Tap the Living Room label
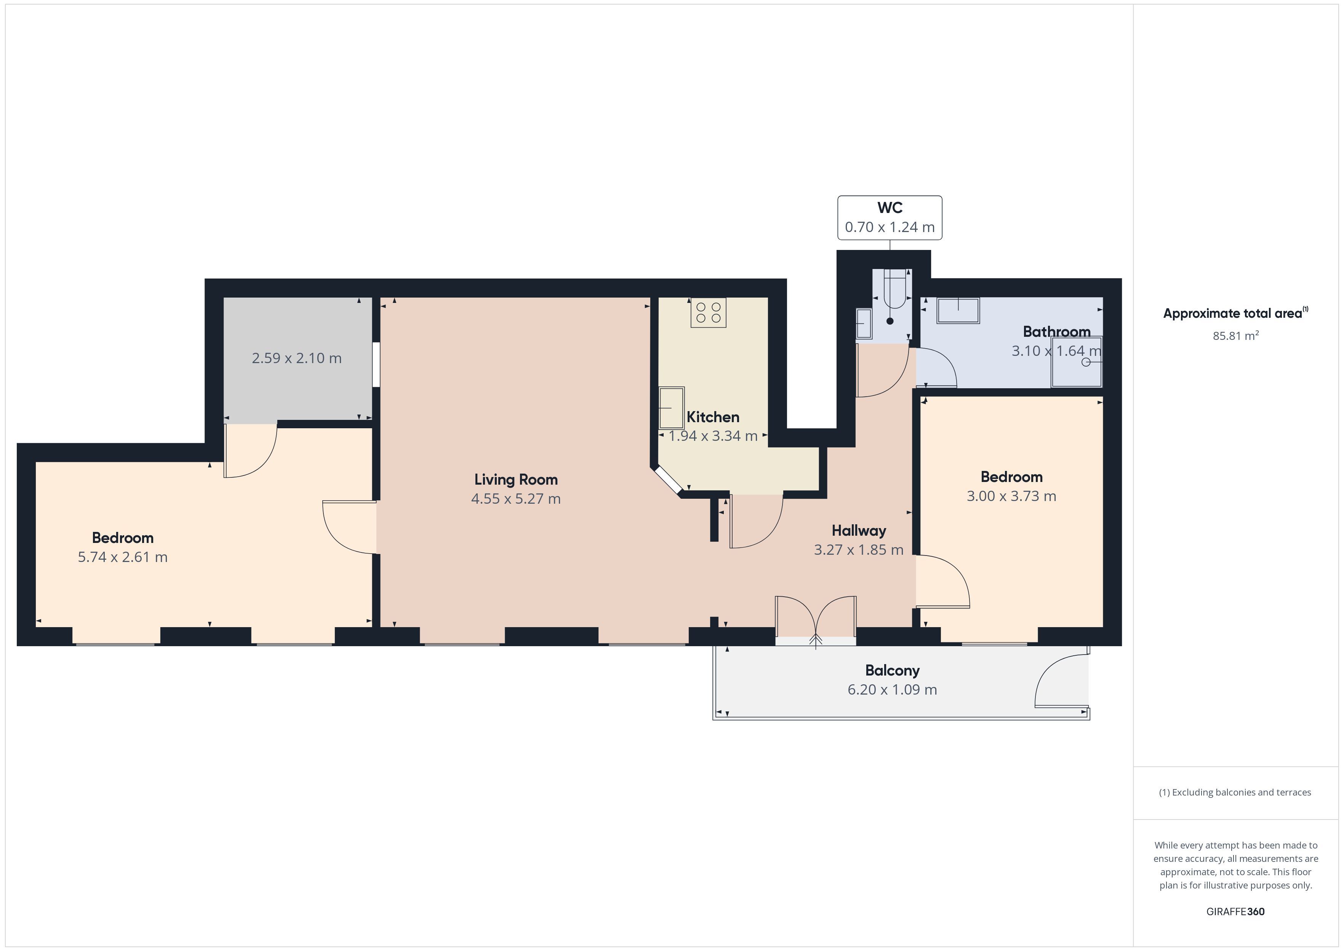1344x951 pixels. (516, 480)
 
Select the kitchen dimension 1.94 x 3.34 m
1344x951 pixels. (713, 435)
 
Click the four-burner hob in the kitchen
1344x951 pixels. (708, 313)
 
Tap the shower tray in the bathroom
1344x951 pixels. (1077, 362)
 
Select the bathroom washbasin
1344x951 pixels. (958, 311)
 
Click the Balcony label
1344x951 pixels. (892, 671)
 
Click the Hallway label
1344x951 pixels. (859, 530)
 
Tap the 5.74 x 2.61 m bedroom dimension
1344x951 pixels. (123, 557)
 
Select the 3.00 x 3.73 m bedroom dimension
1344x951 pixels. (1011, 496)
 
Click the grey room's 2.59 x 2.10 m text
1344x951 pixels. (297, 358)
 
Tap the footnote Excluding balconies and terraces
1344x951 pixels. (1235, 792)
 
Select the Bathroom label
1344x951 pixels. (1057, 331)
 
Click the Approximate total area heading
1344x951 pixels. (1235, 313)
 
